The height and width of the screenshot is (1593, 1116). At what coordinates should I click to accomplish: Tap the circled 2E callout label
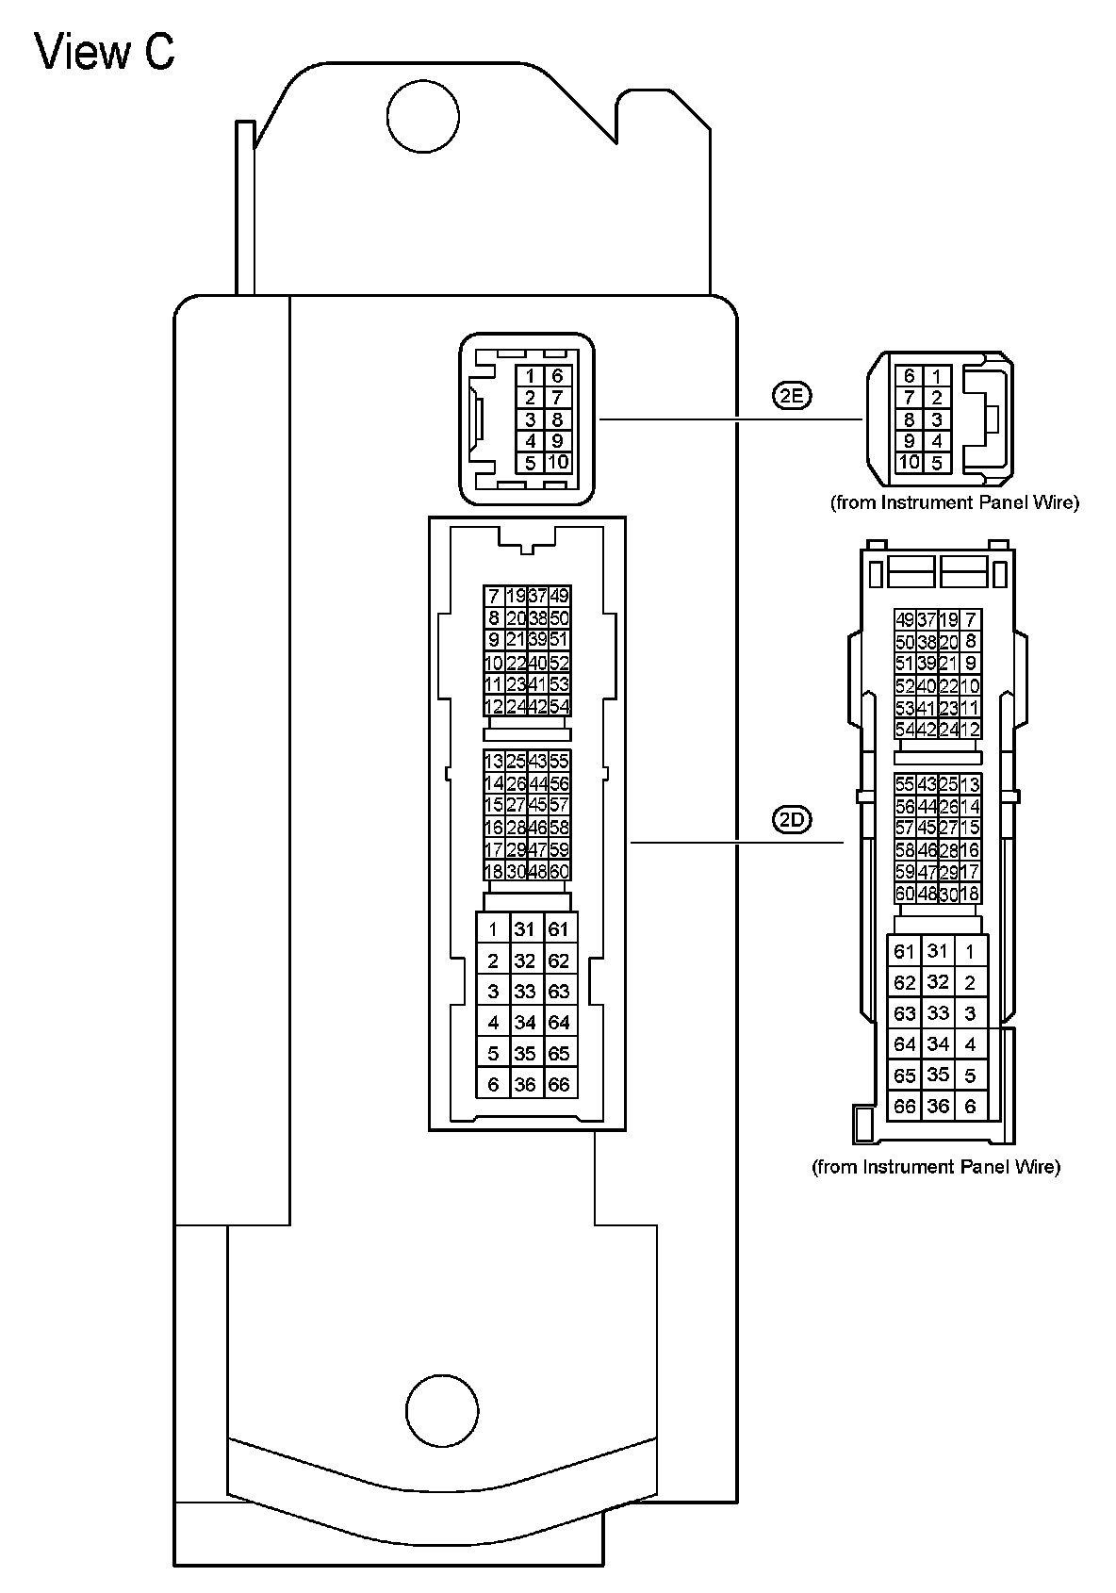tap(792, 396)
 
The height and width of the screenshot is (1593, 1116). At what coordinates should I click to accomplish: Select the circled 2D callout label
tap(792, 820)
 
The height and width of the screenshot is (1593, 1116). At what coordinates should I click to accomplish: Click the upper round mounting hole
tap(423, 117)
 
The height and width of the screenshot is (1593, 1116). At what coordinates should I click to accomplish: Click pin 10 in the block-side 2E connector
tap(557, 462)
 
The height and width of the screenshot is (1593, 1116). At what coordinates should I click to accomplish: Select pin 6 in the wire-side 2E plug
tap(910, 376)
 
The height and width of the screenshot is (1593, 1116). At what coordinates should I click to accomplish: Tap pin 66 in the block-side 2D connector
tap(559, 1084)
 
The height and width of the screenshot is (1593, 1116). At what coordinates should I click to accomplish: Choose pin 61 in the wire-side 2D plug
tap(905, 951)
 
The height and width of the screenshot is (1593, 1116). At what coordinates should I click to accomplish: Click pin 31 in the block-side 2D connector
tap(525, 929)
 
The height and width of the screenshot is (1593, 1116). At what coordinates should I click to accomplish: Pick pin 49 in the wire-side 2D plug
tap(905, 619)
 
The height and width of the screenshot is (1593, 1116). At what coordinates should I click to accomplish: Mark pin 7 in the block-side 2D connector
tap(493, 596)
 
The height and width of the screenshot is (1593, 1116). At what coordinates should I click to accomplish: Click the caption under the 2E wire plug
tap(954, 502)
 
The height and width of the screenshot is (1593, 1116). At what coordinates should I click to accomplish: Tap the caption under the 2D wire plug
tap(936, 1167)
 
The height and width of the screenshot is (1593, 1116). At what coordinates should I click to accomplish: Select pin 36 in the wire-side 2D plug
tap(938, 1106)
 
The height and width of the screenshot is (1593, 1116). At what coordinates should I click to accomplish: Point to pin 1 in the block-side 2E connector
tap(531, 376)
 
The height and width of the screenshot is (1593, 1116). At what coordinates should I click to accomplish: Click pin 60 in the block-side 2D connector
tap(560, 871)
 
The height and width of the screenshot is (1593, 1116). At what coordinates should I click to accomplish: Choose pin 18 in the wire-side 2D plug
tap(969, 894)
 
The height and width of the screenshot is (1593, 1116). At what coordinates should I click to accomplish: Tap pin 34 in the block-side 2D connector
tap(525, 1022)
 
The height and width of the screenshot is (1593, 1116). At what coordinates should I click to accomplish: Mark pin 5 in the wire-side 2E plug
tap(936, 463)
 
